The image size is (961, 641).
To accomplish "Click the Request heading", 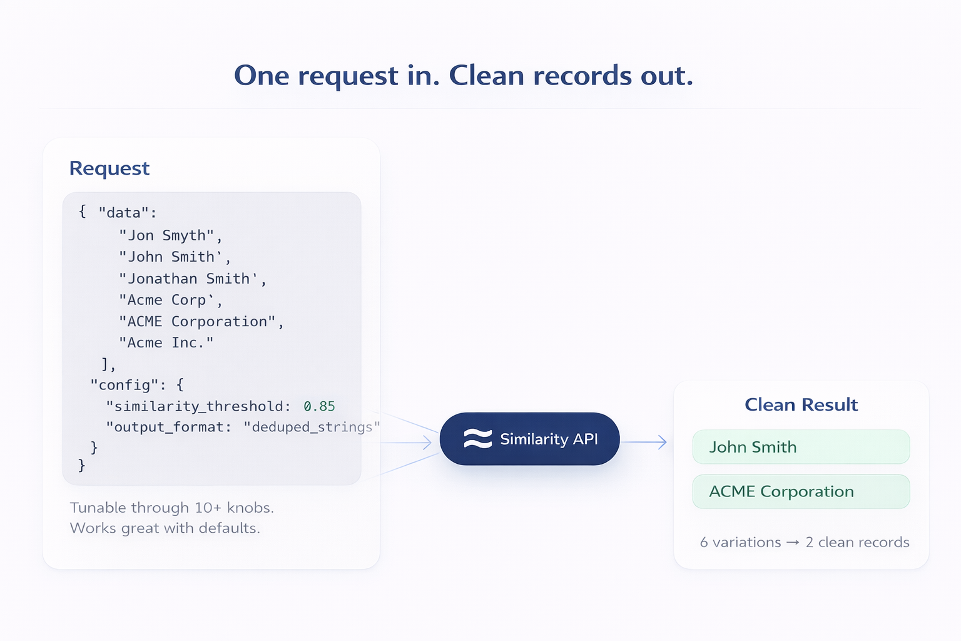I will click(109, 168).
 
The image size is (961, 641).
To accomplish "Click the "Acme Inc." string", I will click(166, 342).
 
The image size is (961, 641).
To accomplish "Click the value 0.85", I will click(319, 406).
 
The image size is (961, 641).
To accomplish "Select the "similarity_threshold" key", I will click(195, 406).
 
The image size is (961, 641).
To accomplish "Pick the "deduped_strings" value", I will click(311, 427).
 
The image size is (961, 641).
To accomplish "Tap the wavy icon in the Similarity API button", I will click(477, 439).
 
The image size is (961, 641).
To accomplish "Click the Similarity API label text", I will click(549, 439).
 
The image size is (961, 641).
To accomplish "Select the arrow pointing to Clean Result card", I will click(645, 442).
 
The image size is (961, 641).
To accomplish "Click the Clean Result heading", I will click(801, 405).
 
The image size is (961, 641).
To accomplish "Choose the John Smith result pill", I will click(801, 447).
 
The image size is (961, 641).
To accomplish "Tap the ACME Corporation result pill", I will click(801, 491).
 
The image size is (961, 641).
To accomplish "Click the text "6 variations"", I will click(740, 542).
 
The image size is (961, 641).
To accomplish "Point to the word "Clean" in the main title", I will click(486, 76).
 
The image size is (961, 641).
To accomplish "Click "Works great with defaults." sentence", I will click(165, 528).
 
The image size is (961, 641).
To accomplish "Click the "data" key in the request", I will click(124, 213).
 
